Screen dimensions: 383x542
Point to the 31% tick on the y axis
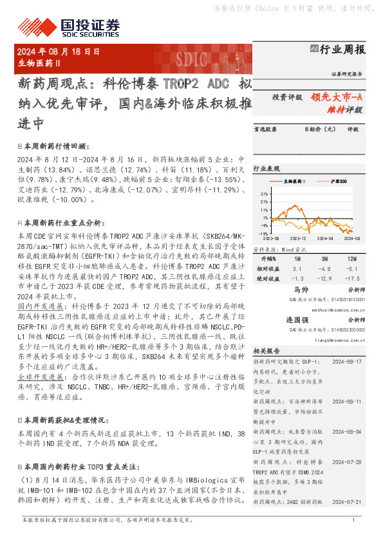coord(264,192)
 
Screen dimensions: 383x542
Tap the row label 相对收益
coord(270,268)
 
